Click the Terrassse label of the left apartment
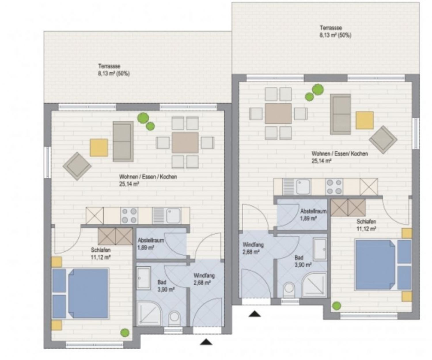(x=109, y=66)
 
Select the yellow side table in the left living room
(x=99, y=148)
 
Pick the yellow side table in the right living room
(x=365, y=120)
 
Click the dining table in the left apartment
(x=185, y=143)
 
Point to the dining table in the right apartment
(x=278, y=114)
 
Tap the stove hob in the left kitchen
(x=129, y=215)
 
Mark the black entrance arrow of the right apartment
(x=255, y=314)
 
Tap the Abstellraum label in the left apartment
(x=151, y=240)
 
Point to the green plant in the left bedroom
(x=125, y=333)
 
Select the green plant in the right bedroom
(x=336, y=306)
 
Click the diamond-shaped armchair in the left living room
(x=77, y=166)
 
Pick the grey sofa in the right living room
(x=340, y=114)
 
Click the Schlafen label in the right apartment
(x=366, y=222)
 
